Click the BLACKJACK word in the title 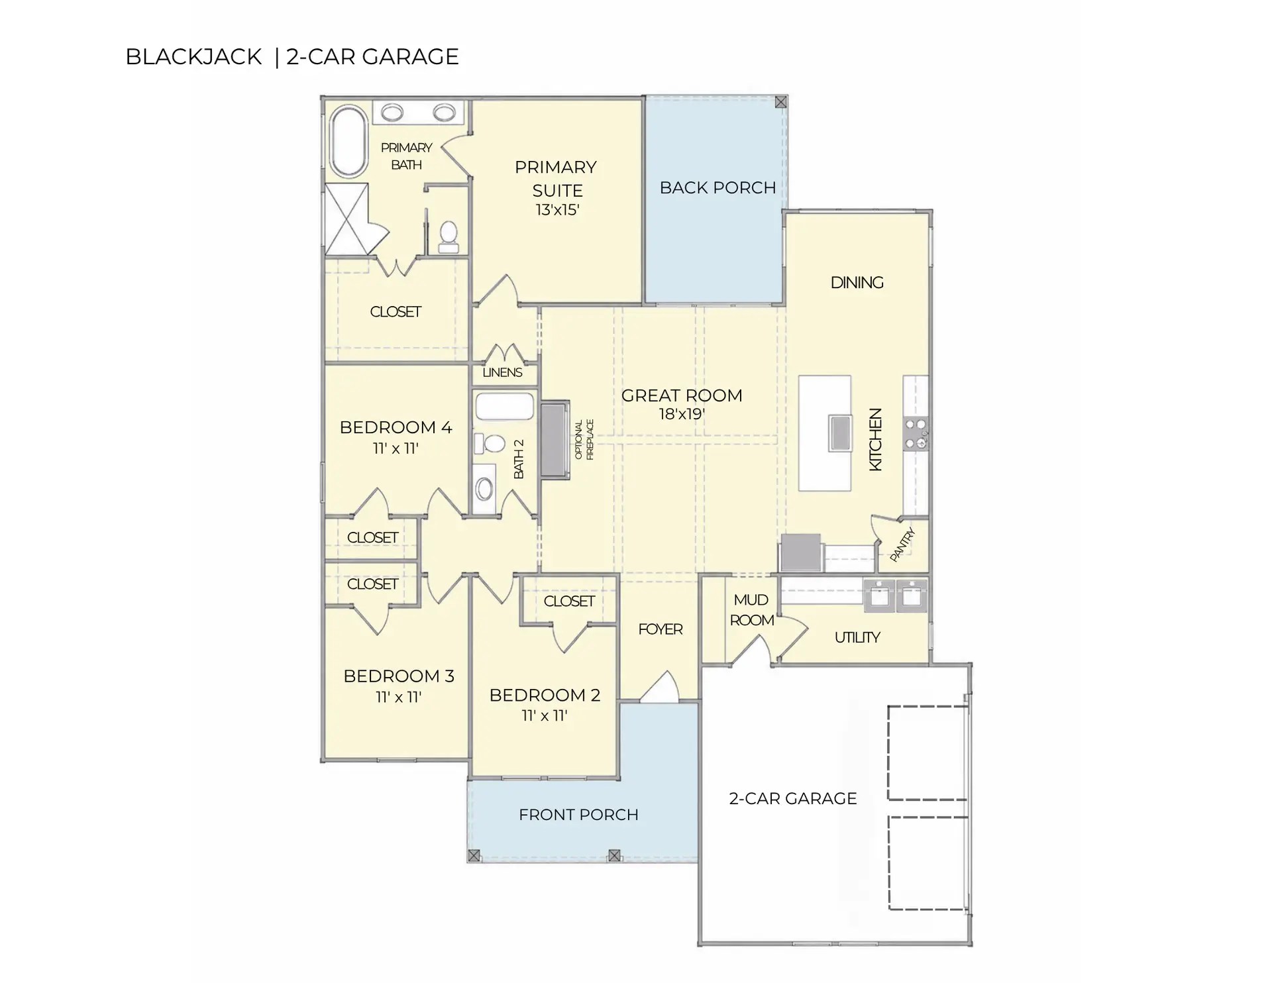[193, 57]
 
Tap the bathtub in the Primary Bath [348, 142]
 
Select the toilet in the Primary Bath [449, 236]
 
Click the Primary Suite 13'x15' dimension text [557, 210]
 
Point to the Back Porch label [717, 188]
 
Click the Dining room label [857, 283]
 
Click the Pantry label [902, 544]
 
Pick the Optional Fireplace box [555, 439]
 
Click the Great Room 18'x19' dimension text [681, 415]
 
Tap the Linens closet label [502, 372]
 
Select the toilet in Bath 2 [490, 442]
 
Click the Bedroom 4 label [396, 427]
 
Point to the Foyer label [660, 629]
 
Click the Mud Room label [751, 610]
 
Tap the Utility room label [857, 637]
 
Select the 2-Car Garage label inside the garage [792, 799]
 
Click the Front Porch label [578, 815]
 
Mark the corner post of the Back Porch [780, 102]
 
